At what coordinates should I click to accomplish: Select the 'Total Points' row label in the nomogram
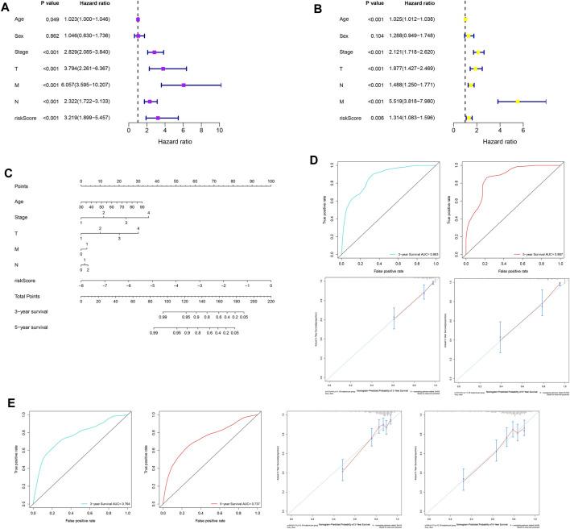[23, 298]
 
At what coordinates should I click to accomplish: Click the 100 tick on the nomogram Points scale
[271, 181]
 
